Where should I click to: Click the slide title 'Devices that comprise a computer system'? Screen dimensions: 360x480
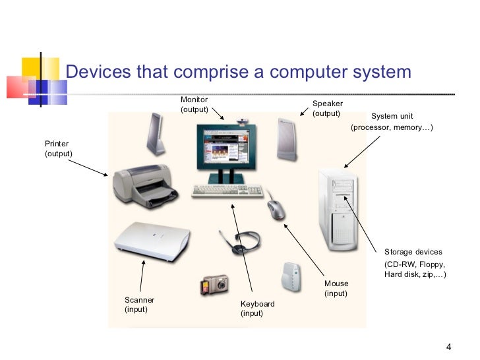[x=239, y=71]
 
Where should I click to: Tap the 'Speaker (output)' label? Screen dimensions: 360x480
[x=327, y=109]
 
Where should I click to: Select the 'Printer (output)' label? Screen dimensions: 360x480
[x=58, y=148]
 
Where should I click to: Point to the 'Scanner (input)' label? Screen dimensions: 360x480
[x=139, y=305]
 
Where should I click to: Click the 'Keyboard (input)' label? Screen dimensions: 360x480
[x=257, y=309]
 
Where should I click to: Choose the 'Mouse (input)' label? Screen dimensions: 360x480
[x=336, y=288]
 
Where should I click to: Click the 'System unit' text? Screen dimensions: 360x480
[x=392, y=116]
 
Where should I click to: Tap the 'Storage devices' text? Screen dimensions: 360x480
[x=413, y=252]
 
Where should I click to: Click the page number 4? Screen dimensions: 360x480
[x=448, y=347]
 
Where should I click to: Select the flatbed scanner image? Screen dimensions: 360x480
[x=152, y=237]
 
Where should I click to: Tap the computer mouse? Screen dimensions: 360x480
[x=277, y=210]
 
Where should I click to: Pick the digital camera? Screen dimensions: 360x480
[x=214, y=285]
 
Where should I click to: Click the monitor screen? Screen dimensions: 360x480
[x=222, y=148]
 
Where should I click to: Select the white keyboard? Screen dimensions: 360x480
[x=227, y=191]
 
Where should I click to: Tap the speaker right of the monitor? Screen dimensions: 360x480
[x=287, y=140]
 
